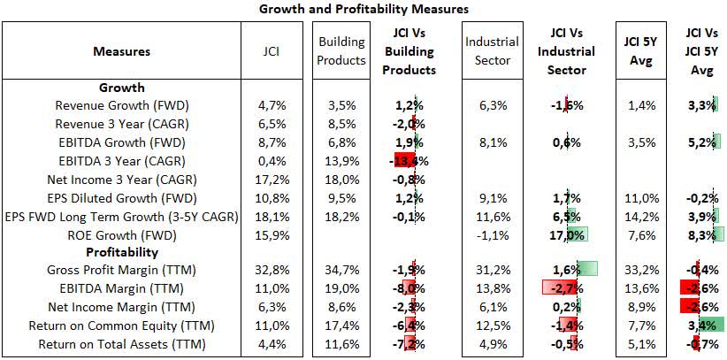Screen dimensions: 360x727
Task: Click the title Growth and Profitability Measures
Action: click(x=363, y=9)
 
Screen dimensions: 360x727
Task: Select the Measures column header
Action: click(x=121, y=51)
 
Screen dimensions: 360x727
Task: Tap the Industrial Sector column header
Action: click(x=492, y=51)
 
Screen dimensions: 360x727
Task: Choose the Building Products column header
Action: click(x=341, y=51)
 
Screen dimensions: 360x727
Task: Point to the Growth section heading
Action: click(x=121, y=88)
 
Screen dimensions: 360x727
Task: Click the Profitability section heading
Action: click(x=121, y=252)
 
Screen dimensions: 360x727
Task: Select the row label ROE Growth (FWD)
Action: click(x=121, y=234)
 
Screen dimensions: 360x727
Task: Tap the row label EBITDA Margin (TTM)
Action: click(x=121, y=289)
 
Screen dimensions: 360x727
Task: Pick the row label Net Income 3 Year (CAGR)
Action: click(x=121, y=180)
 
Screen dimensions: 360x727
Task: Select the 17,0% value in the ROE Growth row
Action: click(x=564, y=234)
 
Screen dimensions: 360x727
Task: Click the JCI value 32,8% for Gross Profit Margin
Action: click(x=272, y=271)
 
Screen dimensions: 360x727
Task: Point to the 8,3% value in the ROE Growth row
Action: click(x=701, y=234)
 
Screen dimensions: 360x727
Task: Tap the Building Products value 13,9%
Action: click(x=341, y=161)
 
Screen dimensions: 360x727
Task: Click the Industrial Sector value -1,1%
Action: click(x=492, y=234)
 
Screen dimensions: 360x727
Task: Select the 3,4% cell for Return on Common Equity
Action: click(x=701, y=326)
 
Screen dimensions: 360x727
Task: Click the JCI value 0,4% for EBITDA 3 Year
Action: click(x=272, y=161)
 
